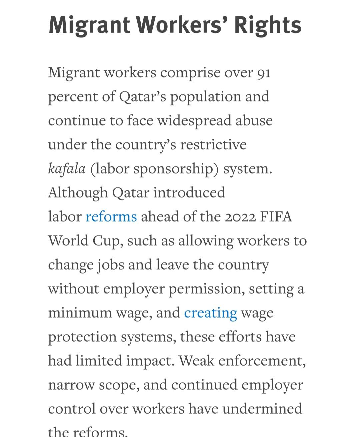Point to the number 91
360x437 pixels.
tap(264, 73)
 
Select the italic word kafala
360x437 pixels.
tap(67, 168)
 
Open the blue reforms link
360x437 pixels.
tap(111, 216)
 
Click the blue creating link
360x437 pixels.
tap(210, 313)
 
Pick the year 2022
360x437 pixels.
tap(240, 216)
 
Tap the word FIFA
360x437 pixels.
tap(276, 216)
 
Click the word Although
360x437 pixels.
tap(78, 193)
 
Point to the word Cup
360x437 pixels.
tap(106, 241)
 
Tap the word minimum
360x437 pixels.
tap(80, 313)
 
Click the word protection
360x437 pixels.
tap(82, 337)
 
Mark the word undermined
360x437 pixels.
tap(262, 409)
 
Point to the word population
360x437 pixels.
tap(206, 97)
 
